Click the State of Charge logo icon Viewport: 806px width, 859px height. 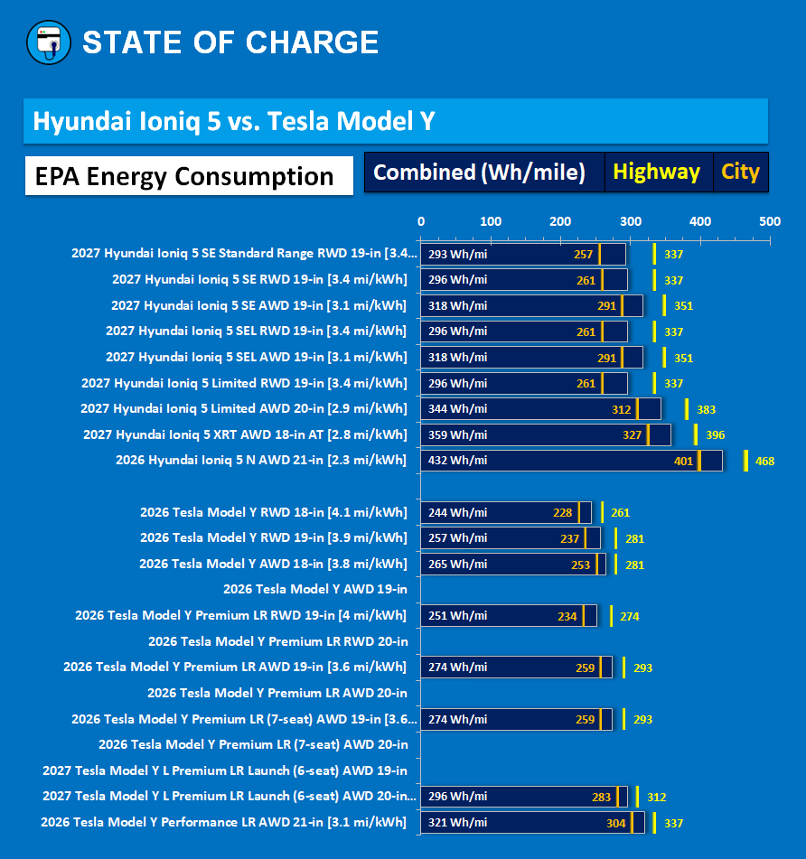pyautogui.click(x=49, y=42)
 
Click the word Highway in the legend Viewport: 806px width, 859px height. pyautogui.click(x=656, y=172)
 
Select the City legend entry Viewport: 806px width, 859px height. pyautogui.click(x=740, y=172)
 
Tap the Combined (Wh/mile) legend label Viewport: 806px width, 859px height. pyautogui.click(x=480, y=173)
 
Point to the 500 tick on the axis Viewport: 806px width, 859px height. pyautogui.click(x=770, y=221)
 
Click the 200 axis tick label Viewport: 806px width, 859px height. pyautogui.click(x=560, y=221)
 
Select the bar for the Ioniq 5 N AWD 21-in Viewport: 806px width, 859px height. pyautogui.click(x=571, y=461)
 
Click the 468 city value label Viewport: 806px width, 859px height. pyautogui.click(x=765, y=462)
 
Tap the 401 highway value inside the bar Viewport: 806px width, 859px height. pyautogui.click(x=683, y=462)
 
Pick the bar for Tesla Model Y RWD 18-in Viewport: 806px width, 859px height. pyautogui.click(x=506, y=512)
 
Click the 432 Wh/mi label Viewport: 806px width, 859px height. pyautogui.click(x=457, y=460)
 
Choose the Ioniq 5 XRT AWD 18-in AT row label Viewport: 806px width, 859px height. pyautogui.click(x=245, y=435)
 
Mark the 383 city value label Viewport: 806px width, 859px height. pyautogui.click(x=707, y=410)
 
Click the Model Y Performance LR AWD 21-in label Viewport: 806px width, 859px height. pyautogui.click(x=223, y=822)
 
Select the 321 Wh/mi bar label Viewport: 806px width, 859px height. pyautogui.click(x=457, y=822)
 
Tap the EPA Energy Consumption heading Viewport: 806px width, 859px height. pyautogui.click(x=184, y=176)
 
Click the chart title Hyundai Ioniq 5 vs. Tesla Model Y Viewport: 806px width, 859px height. pyautogui.click(x=234, y=121)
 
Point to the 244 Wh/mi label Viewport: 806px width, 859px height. pyautogui.click(x=457, y=512)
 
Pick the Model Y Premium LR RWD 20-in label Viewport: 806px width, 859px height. pyautogui.click(x=277, y=641)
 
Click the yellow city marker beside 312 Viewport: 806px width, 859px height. pyautogui.click(x=637, y=797)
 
